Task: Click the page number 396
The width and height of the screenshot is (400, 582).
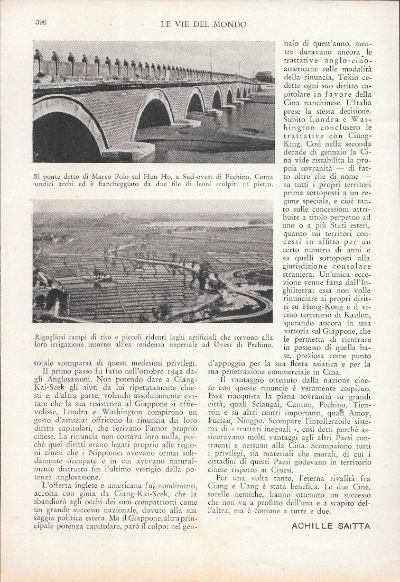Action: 41,22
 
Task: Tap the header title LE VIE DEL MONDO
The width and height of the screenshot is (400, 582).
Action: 203,24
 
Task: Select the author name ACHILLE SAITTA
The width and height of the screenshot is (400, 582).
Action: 331,525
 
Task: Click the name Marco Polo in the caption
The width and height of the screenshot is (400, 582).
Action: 105,176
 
